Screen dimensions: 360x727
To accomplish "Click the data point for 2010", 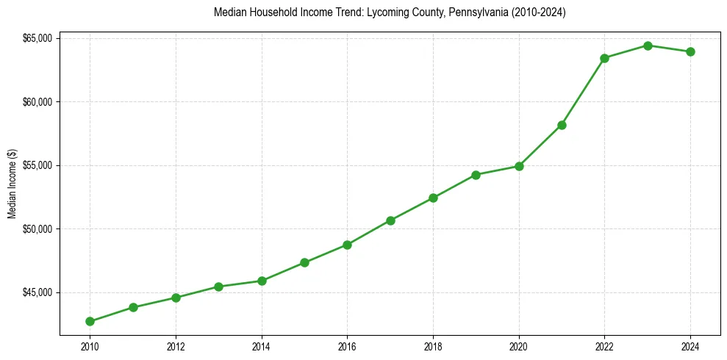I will point(90,321).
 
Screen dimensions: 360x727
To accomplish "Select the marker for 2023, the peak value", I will point(648,46).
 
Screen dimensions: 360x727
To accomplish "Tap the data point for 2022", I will point(604,58).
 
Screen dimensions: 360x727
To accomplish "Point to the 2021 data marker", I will point(562,125).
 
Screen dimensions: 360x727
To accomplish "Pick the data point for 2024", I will point(690,51).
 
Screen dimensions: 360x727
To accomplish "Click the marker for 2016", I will point(347,245).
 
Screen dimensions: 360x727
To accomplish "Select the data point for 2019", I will point(476,175).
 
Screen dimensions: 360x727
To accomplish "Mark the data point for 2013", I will point(218,287).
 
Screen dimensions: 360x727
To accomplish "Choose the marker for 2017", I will point(390,220).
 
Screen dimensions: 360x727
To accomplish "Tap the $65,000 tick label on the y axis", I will point(37,38).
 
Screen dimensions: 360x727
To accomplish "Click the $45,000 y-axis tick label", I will point(37,292).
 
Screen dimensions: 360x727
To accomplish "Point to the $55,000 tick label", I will point(37,165).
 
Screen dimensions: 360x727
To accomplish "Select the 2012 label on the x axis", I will point(176,345).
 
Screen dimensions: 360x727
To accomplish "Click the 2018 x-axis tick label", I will point(433,345).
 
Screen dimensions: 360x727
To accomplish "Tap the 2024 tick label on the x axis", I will point(690,345).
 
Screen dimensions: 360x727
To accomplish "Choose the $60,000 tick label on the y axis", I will point(37,101).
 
